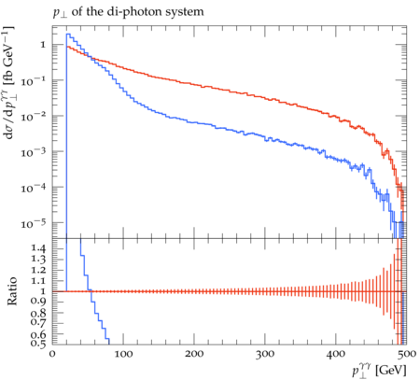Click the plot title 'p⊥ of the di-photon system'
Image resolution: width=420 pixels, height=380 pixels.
click(x=129, y=12)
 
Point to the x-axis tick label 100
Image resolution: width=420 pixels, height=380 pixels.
click(x=123, y=354)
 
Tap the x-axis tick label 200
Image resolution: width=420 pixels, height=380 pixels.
click(x=194, y=354)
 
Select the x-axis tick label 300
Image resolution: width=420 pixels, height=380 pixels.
click(x=265, y=354)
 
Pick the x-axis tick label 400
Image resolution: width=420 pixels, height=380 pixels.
click(x=336, y=354)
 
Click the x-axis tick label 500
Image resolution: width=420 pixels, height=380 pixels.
click(x=406, y=354)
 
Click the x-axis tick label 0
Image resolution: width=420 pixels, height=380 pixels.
click(x=52, y=354)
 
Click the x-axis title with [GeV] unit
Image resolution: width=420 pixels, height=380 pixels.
click(x=379, y=371)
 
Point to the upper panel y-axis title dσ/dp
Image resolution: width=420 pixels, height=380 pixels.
click(x=8, y=82)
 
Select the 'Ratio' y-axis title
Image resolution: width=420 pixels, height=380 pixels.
click(x=12, y=291)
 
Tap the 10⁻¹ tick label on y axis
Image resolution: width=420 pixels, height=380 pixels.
click(x=33, y=80)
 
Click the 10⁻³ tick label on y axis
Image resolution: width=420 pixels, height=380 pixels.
click(x=33, y=152)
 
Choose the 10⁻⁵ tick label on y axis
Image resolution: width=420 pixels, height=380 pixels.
click(x=33, y=223)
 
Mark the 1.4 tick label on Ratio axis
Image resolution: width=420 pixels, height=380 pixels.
click(x=38, y=248)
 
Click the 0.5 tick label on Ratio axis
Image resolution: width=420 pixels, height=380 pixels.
click(x=38, y=343)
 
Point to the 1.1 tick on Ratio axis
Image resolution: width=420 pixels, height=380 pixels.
click(x=38, y=281)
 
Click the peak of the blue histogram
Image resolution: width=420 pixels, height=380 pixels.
click(x=68, y=34)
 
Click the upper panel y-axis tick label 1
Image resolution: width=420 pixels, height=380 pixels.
click(x=43, y=45)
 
